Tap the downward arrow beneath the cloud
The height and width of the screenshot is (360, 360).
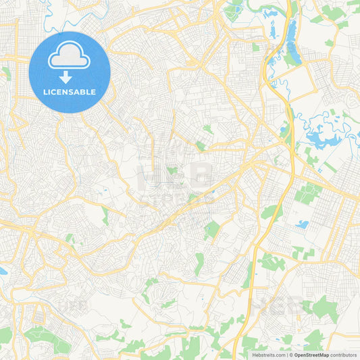[66, 77]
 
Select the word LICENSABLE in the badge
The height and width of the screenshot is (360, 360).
[70, 92]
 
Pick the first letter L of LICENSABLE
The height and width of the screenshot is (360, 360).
[44, 92]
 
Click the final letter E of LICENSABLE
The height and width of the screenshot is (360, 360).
[93, 92]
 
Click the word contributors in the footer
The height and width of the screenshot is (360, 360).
[344, 354]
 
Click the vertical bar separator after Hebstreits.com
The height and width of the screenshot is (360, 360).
[287, 354]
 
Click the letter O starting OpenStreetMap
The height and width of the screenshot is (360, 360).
[296, 354]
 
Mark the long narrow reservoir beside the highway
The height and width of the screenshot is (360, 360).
[293, 41]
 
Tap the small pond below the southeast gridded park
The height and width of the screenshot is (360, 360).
[302, 224]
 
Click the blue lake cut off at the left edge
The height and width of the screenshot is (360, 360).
[2, 271]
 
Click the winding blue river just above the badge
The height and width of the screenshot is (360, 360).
[54, 20]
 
